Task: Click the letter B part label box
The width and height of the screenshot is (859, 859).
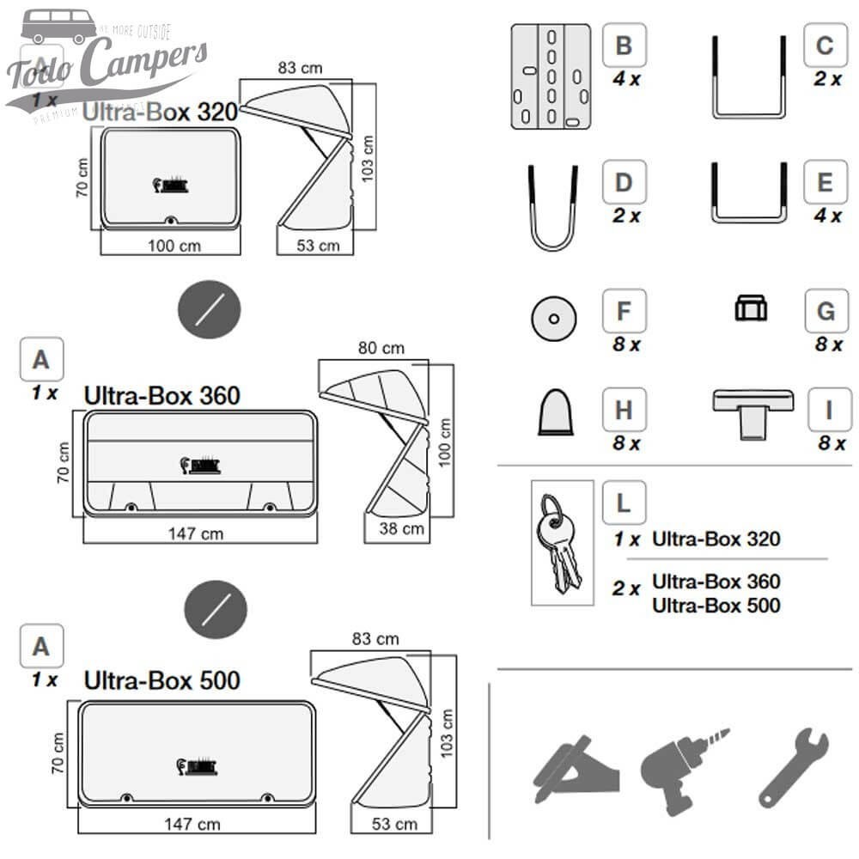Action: [624, 45]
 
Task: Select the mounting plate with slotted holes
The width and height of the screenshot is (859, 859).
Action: [550, 76]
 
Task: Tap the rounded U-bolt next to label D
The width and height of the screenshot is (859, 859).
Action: [551, 208]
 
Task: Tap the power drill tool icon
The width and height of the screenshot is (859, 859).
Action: [681, 767]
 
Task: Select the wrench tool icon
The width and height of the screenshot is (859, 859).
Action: [792, 765]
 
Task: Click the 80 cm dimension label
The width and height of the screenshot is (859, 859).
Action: [381, 348]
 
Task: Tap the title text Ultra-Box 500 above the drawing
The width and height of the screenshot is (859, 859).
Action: [161, 680]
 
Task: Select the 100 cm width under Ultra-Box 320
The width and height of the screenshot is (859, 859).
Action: [174, 246]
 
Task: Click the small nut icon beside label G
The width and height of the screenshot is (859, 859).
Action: [751, 308]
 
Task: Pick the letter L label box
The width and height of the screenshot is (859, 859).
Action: [624, 503]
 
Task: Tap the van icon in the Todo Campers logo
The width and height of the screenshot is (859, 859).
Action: [59, 26]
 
